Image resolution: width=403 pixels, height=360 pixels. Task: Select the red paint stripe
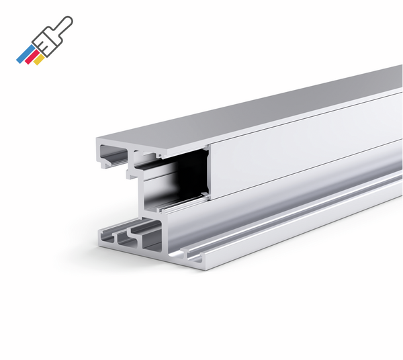tap(32, 58)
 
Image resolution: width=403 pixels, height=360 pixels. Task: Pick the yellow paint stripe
tap(40, 60)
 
